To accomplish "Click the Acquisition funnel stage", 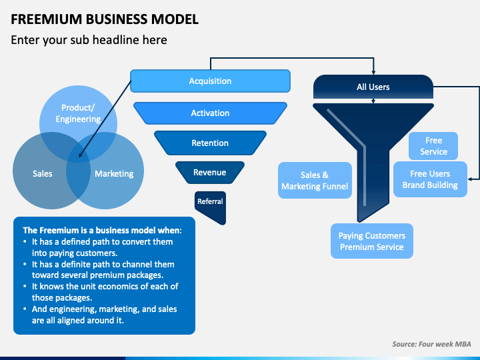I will point(210,81).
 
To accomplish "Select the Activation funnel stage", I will point(210,113).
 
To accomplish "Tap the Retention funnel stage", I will point(210,143).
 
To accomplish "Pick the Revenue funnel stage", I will point(209,173).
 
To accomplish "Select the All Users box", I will point(373,87).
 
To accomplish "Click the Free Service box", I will point(433,146).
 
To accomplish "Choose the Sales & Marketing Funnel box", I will point(315,181).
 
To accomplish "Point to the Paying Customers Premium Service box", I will point(371,241).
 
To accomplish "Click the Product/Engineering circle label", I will point(78,113).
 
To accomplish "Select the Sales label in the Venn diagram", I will point(43,174).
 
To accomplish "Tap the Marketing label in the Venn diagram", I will point(114,174).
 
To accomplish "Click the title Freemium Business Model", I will point(105,19).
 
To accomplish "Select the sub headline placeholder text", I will point(89,40).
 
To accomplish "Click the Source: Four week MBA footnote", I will point(431,344).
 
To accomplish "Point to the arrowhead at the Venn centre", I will point(80,157).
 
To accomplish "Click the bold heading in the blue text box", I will point(107,230).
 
